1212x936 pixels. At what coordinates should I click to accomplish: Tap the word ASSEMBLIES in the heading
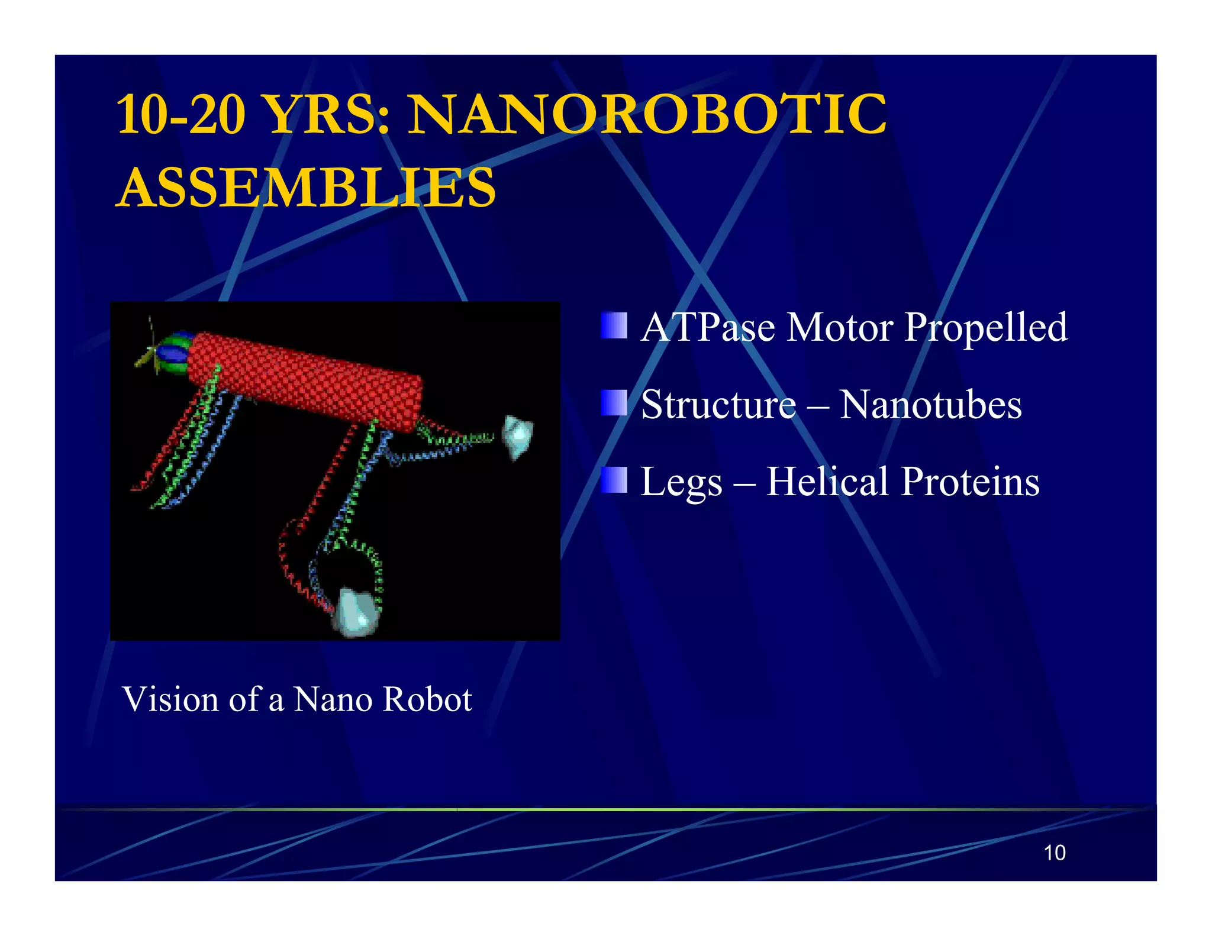[306, 188]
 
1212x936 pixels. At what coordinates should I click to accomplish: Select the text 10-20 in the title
[181, 114]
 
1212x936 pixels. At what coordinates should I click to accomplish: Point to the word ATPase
[708, 327]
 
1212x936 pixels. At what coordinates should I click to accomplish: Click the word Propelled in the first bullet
[987, 327]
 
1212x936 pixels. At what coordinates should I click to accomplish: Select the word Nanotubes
[930, 405]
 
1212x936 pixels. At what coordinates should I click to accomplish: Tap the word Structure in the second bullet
[718, 405]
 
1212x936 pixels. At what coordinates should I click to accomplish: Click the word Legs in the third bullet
[681, 482]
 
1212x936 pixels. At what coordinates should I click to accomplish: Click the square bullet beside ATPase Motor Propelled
[614, 325]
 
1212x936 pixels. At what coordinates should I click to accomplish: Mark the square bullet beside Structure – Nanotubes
[614, 403]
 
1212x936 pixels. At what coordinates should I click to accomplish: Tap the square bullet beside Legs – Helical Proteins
[614, 480]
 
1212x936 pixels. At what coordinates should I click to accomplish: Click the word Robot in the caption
[427, 699]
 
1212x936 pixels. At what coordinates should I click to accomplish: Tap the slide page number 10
[1054, 853]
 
